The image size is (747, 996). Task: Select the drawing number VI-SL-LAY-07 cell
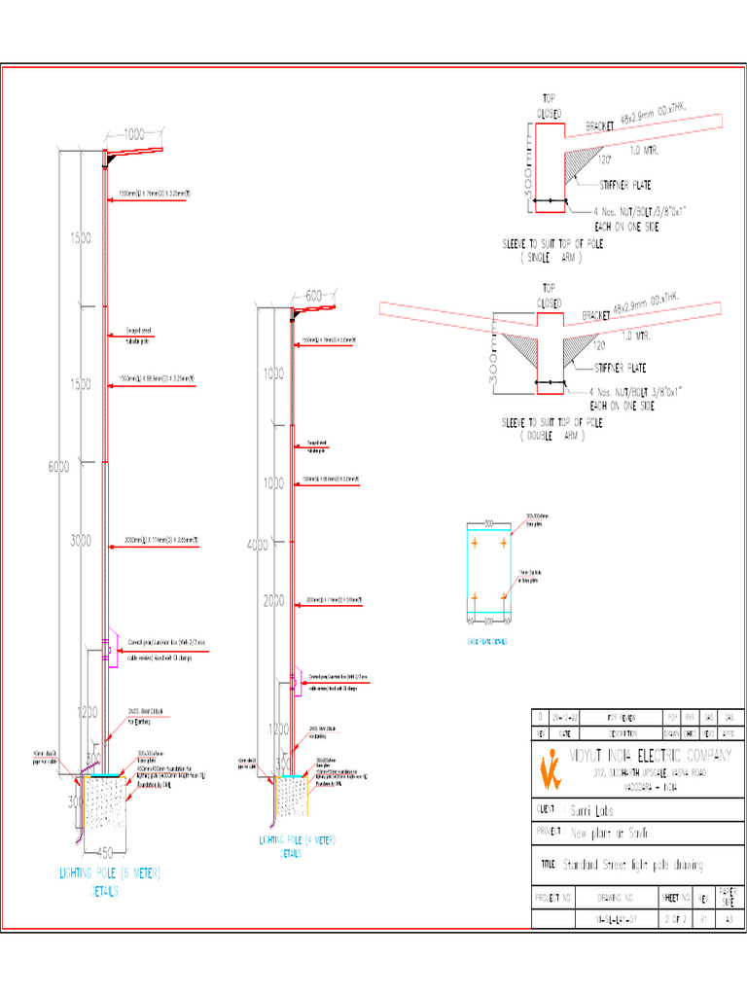pyautogui.click(x=616, y=917)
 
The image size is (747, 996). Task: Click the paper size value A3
pyautogui.click(x=729, y=917)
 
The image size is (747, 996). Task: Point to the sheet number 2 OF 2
pyautogui.click(x=675, y=917)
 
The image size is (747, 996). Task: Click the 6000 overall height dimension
pyautogui.click(x=58, y=467)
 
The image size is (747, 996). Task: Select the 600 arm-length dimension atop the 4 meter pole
pyautogui.click(x=313, y=296)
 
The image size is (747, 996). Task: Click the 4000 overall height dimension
pyautogui.click(x=257, y=546)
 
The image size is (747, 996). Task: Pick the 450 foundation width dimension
pyautogui.click(x=113, y=853)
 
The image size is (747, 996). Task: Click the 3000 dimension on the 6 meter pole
pyautogui.click(x=80, y=540)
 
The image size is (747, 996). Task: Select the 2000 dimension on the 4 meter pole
pyautogui.click(x=275, y=600)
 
